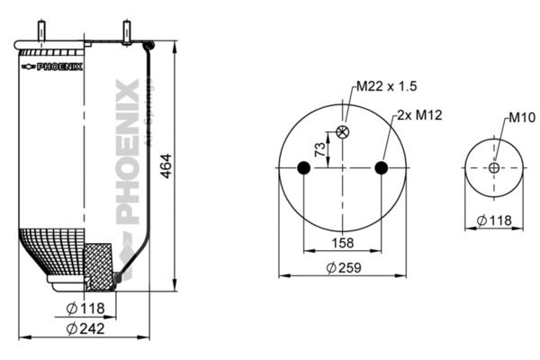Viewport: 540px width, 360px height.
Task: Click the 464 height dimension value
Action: coord(166,166)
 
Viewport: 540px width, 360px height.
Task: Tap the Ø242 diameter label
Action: coord(85,328)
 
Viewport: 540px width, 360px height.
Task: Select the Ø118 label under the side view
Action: coord(85,309)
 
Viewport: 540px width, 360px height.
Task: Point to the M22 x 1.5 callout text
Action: coord(386,85)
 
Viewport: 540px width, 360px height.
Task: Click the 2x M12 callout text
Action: coord(419,114)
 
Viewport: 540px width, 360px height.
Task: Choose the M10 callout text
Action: coord(522,118)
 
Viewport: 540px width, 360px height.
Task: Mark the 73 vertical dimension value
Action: coord(320,149)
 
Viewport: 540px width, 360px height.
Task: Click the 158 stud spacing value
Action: coord(343,243)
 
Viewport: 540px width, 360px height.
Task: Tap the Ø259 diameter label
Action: coord(344,267)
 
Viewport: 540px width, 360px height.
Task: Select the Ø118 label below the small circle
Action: coord(494,220)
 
